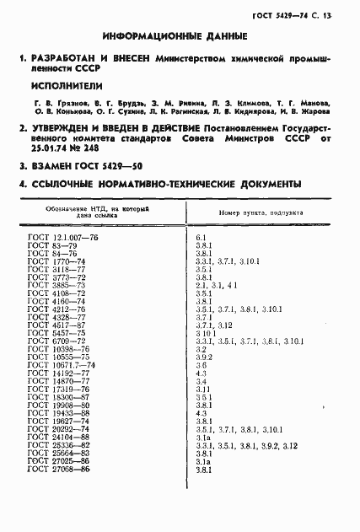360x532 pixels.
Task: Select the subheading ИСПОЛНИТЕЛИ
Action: click(x=64, y=87)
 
